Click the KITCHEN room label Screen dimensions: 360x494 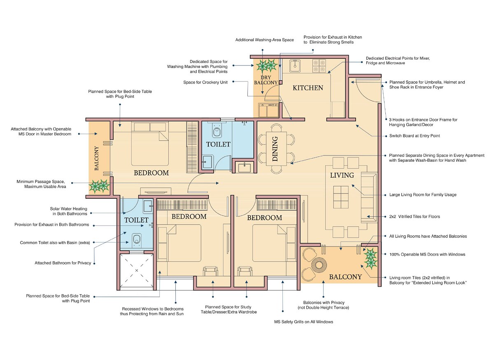(x=308, y=88)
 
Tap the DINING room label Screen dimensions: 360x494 (x=275, y=149)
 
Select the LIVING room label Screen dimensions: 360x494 (x=342, y=175)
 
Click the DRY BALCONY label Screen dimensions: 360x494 (x=266, y=80)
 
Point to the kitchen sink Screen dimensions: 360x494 (x=296, y=65)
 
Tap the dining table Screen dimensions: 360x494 (x=275, y=149)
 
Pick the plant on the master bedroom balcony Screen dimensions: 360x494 (x=99, y=186)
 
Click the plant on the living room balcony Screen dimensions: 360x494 (x=370, y=258)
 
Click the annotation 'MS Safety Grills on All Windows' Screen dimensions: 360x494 (x=303, y=322)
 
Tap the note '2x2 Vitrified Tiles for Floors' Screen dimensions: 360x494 (x=417, y=216)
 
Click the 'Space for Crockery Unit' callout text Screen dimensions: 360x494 (x=205, y=82)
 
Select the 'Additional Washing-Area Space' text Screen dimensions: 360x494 (x=264, y=40)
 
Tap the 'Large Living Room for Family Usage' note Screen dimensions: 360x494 (x=423, y=195)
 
